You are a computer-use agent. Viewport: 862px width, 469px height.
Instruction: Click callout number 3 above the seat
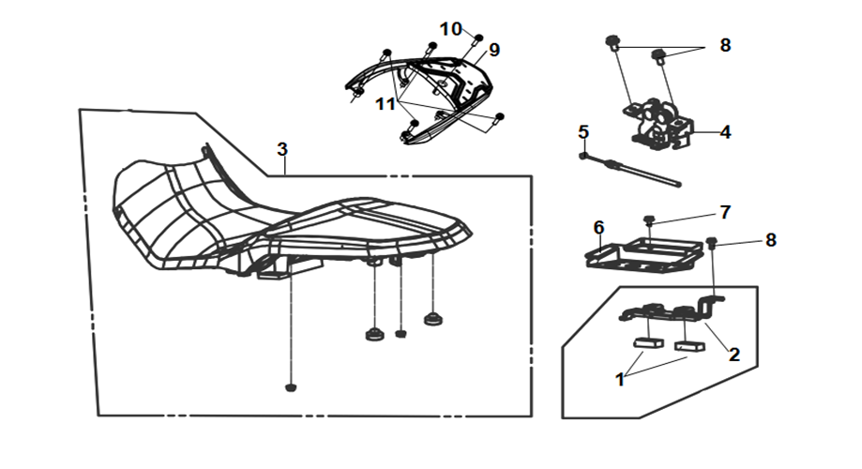click(282, 149)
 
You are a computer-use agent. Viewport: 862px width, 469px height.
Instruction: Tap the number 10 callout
click(451, 28)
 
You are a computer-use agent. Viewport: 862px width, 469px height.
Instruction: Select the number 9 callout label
click(494, 50)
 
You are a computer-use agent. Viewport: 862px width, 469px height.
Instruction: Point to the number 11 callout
click(386, 103)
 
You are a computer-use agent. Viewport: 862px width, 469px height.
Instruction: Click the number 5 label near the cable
click(583, 132)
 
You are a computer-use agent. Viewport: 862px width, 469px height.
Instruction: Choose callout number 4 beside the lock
click(726, 132)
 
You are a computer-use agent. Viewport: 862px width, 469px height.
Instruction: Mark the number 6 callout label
click(598, 228)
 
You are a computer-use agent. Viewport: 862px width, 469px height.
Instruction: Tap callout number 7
click(725, 212)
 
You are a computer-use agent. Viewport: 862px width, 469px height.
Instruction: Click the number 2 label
click(734, 355)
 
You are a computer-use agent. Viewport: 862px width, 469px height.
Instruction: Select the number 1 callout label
click(620, 379)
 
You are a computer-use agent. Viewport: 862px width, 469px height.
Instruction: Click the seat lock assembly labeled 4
click(658, 124)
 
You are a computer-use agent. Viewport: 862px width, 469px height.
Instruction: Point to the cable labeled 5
click(630, 170)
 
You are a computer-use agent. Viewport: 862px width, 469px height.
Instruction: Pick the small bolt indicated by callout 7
click(650, 219)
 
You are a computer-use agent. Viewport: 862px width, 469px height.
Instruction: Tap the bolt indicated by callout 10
click(478, 38)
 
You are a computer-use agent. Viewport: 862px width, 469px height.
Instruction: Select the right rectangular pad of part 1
click(689, 346)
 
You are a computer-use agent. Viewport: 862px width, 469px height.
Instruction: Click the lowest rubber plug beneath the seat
click(291, 387)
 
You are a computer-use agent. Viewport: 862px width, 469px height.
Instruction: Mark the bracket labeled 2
click(672, 310)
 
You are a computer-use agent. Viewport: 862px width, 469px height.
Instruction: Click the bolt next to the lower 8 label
click(712, 242)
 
